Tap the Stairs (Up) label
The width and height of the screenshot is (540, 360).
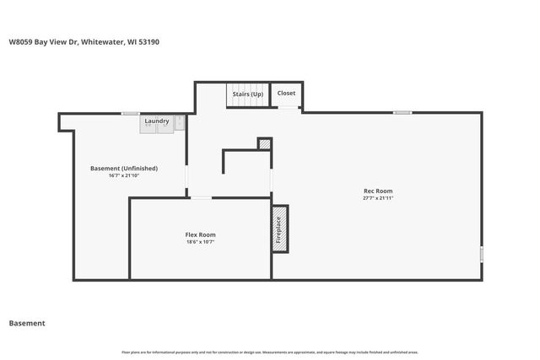point(247,94)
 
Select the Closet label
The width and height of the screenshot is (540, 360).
point(287,94)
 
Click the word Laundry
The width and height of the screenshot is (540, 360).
point(156,121)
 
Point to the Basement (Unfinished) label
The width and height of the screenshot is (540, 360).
point(124,169)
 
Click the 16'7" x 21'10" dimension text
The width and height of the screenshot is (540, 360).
point(124,176)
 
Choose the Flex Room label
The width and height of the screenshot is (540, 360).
point(201,234)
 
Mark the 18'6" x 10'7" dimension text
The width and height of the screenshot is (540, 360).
point(201,242)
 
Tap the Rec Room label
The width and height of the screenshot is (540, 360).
point(378,191)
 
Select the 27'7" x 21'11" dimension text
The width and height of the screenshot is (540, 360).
point(378,198)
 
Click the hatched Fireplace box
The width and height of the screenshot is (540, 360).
point(279,228)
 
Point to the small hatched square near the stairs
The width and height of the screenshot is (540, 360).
point(265,144)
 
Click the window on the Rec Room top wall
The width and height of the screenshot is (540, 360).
point(402,112)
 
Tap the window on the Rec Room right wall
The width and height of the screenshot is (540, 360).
point(481,254)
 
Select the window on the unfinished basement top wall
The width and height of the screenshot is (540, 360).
point(130,113)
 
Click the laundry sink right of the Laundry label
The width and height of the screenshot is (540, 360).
point(179,122)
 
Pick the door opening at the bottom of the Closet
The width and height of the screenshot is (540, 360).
point(288,108)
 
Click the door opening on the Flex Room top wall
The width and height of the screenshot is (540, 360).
point(201,198)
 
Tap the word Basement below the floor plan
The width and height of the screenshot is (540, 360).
point(27,323)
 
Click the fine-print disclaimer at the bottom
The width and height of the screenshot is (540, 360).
point(270,352)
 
